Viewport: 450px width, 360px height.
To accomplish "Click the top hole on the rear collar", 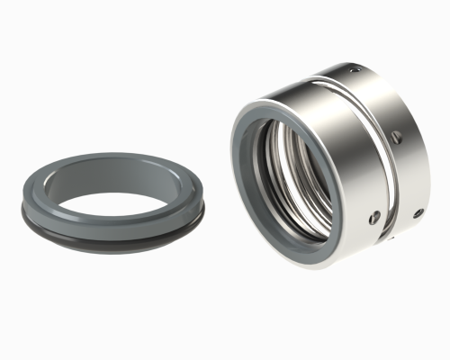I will (x=355, y=69).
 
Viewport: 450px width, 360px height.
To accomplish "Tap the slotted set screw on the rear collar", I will (x=396, y=138).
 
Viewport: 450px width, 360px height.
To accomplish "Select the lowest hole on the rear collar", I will (x=418, y=213).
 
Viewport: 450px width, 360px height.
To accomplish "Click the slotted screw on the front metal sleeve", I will (x=374, y=216).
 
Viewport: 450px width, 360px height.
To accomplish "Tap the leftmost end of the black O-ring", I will (x=22, y=213).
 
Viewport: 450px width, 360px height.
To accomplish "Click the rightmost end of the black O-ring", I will (x=203, y=213).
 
